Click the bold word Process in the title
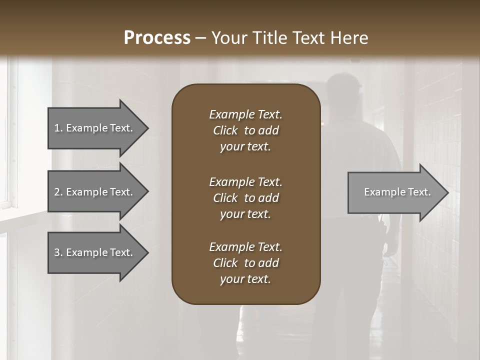(x=157, y=38)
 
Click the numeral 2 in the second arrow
(x=57, y=192)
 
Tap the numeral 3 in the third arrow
(x=57, y=252)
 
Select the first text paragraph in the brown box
(x=245, y=130)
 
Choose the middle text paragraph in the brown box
(x=245, y=198)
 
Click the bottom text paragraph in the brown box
(x=245, y=263)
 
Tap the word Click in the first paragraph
(x=225, y=131)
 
